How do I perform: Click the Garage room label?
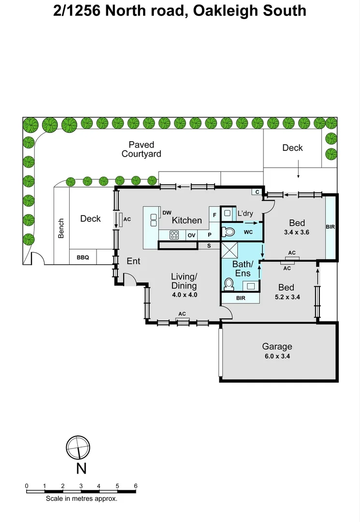click(x=277, y=347)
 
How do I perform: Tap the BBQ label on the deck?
click(x=83, y=258)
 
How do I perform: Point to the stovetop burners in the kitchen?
click(x=174, y=235)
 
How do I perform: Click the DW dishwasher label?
click(x=167, y=213)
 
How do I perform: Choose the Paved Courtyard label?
click(x=141, y=149)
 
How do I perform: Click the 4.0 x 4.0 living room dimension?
click(x=184, y=294)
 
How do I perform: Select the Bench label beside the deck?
click(x=61, y=229)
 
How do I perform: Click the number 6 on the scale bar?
click(x=136, y=486)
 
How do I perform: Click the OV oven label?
click(x=191, y=235)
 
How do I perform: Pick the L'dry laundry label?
click(x=245, y=213)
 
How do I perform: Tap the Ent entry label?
click(x=133, y=261)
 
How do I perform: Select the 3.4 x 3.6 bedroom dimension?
click(x=297, y=232)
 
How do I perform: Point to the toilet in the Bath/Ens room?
click(x=229, y=283)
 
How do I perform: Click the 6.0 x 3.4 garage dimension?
click(x=277, y=356)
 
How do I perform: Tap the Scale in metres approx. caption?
click(x=81, y=498)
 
